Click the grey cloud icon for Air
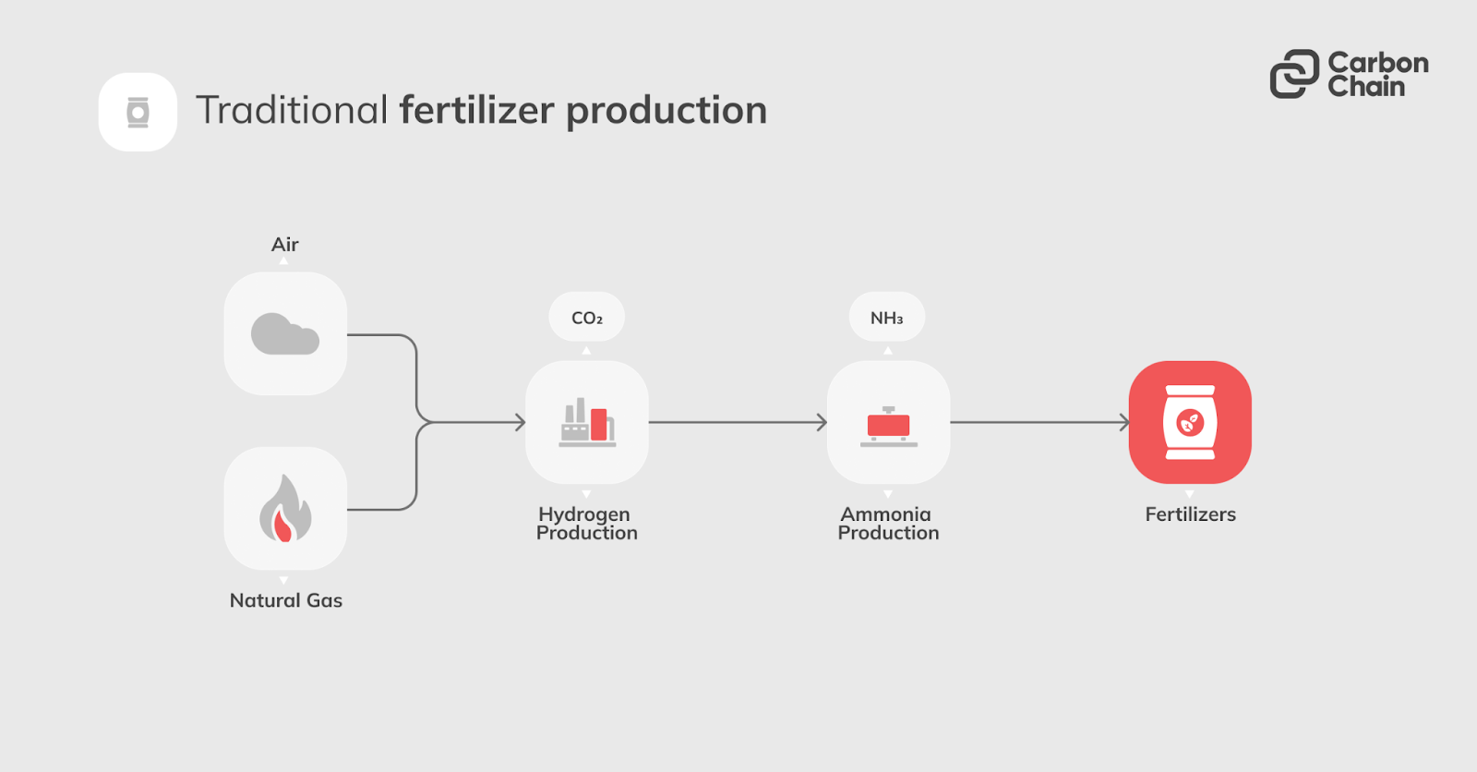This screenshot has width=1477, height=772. [285, 333]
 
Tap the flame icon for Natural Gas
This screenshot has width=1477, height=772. [285, 509]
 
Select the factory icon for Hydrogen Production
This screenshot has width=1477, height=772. [587, 423]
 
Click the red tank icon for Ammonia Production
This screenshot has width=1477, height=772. [888, 425]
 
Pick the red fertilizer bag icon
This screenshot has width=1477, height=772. [1190, 422]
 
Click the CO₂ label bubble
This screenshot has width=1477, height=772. [587, 318]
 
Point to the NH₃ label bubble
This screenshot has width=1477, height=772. [887, 318]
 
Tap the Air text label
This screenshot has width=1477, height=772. [284, 245]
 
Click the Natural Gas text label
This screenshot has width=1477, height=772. [286, 600]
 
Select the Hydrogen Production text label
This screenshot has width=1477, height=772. [587, 524]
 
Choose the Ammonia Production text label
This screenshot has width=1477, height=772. [888, 524]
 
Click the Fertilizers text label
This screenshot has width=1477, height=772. [1190, 514]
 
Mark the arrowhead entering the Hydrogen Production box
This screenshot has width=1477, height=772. [521, 423]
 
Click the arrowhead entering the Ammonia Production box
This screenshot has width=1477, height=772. [822, 423]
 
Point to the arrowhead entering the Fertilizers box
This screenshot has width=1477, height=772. [1123, 423]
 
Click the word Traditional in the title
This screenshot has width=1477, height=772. [292, 111]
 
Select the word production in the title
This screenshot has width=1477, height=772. [666, 111]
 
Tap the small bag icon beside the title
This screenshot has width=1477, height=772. [138, 112]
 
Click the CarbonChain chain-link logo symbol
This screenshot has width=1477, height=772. [1294, 74]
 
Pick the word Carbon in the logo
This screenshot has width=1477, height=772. [1377, 63]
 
